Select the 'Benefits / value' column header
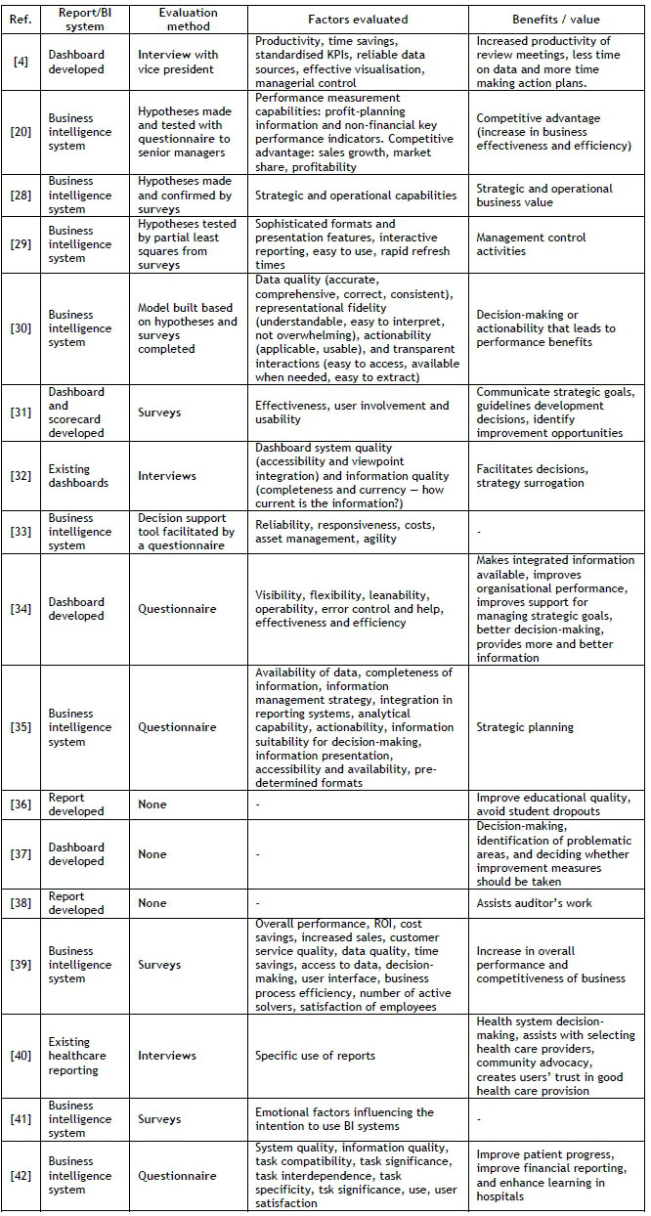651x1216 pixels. [x=557, y=19]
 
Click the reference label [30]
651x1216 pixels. [x=22, y=329]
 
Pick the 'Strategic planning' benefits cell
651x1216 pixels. [x=525, y=727]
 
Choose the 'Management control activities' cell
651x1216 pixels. [x=531, y=244]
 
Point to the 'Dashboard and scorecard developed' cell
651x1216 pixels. [x=76, y=413]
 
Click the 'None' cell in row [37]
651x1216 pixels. [x=152, y=854]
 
